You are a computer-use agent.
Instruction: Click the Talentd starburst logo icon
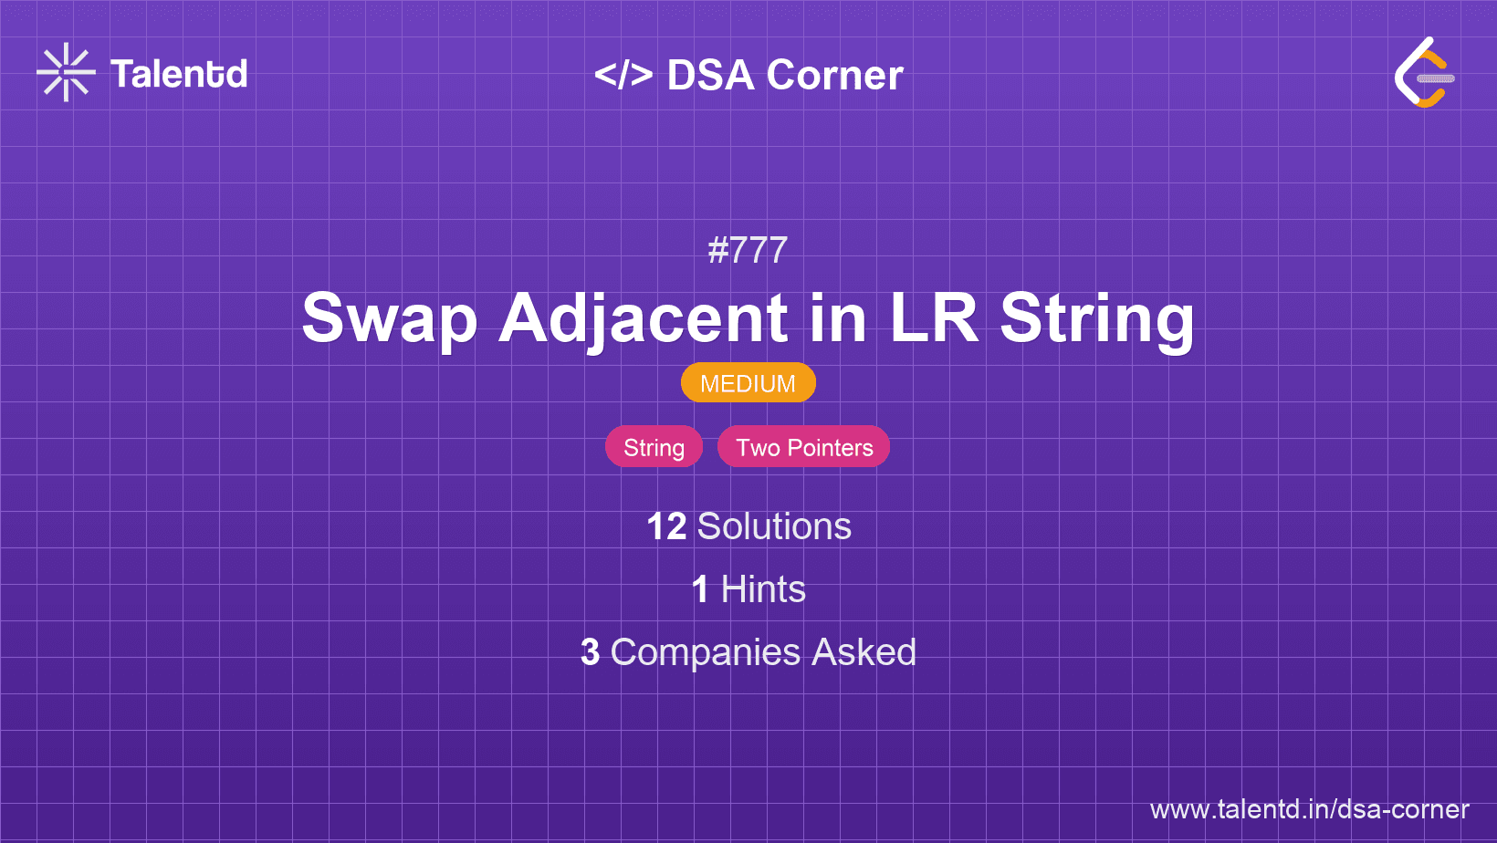point(66,72)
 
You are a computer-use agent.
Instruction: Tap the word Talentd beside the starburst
point(179,74)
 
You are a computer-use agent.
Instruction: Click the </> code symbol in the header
point(623,75)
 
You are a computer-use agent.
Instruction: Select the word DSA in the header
point(710,75)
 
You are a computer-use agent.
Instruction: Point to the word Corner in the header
point(834,75)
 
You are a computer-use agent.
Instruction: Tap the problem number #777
point(748,251)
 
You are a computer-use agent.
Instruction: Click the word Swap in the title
point(390,318)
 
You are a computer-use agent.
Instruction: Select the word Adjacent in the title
point(643,318)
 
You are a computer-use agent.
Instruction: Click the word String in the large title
point(1096,319)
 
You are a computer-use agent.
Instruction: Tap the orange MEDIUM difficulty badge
point(748,383)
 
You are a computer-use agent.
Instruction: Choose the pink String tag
point(654,447)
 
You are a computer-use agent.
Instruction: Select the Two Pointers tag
point(803,447)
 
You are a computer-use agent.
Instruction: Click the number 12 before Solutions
point(666,526)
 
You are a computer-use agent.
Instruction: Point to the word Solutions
point(774,526)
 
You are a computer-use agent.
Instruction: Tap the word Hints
point(762,589)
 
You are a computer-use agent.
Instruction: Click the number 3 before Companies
point(590,652)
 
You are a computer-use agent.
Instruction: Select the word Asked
point(864,652)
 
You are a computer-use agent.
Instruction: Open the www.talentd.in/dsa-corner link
point(1309,809)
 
